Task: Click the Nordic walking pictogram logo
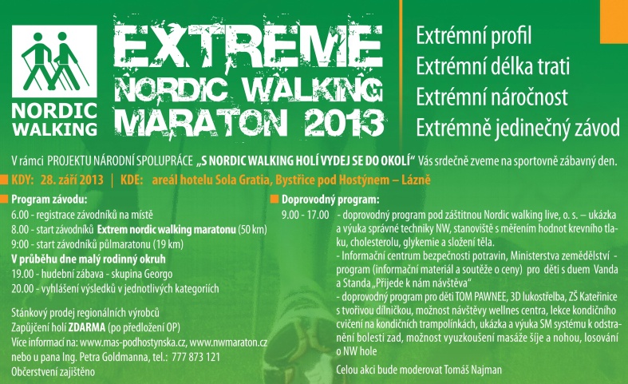click(x=54, y=61)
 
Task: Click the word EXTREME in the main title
click(x=248, y=46)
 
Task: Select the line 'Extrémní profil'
click(x=474, y=35)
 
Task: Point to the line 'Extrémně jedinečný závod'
click(x=518, y=128)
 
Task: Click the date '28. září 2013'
click(x=72, y=180)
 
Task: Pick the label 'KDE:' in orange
click(x=132, y=180)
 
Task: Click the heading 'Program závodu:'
click(x=49, y=200)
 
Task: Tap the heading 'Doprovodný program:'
click(x=330, y=200)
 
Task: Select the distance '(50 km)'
click(x=252, y=230)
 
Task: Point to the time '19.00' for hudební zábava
click(x=20, y=274)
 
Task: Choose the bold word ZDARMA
click(x=87, y=327)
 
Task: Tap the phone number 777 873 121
click(x=196, y=357)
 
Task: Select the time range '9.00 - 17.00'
click(x=305, y=215)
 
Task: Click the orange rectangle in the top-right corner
click(x=614, y=22)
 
